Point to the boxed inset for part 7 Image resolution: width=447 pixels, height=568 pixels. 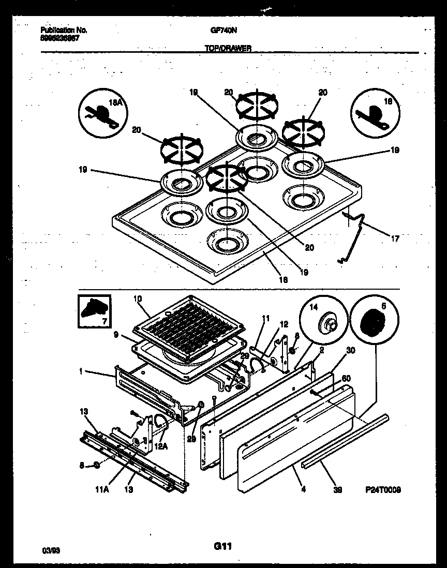(x=95, y=312)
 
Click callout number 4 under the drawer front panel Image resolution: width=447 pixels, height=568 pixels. (x=303, y=487)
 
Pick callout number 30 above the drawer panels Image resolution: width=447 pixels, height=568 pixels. (x=351, y=351)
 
